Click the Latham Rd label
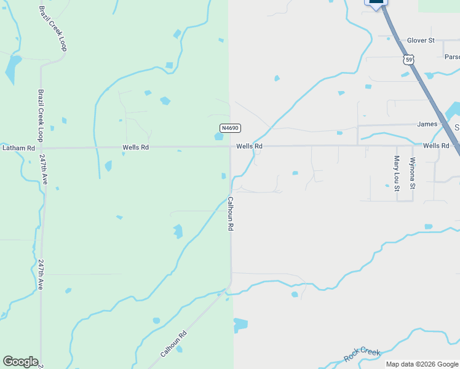pyautogui.click(x=18, y=148)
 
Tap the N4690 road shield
pyautogui.click(x=230, y=128)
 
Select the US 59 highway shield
pyautogui.click(x=409, y=60)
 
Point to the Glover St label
pyautogui.click(x=421, y=41)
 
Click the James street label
pyautogui.click(x=427, y=124)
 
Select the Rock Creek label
pyautogui.click(x=362, y=354)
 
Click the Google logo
pyautogui.click(x=20, y=362)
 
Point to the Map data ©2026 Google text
pyautogui.click(x=421, y=364)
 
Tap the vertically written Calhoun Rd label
pyautogui.click(x=231, y=213)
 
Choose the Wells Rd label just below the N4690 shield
pyautogui.click(x=250, y=146)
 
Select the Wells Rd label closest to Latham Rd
pyautogui.click(x=136, y=148)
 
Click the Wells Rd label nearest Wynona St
pyautogui.click(x=436, y=146)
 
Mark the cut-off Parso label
pyautogui.click(x=452, y=57)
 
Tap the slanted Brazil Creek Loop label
pyautogui.click(x=52, y=28)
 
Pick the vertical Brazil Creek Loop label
pyautogui.click(x=41, y=116)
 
